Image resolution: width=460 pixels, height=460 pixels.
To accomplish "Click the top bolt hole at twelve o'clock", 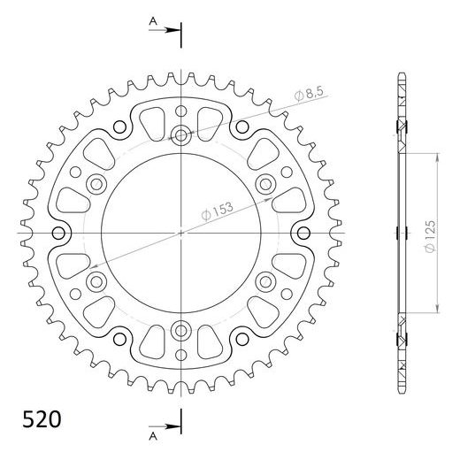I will pos(181,135).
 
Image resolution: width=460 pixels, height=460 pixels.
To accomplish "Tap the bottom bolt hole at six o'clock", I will pos(181,330).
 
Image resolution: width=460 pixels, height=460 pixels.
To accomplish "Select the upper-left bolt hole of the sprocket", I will pos(96,184).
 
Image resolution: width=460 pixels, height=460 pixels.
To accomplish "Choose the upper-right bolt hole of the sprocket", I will pos(265,183).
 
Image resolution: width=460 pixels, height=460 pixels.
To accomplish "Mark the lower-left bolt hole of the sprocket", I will pos(96,281).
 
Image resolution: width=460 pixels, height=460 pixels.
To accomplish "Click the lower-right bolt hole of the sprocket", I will pos(265,281).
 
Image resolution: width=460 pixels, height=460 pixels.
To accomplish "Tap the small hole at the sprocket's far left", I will pos(60,233).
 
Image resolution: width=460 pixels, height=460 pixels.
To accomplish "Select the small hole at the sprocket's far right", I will pos(303,233).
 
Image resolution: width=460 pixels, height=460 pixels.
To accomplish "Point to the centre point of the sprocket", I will pos(181,233).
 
